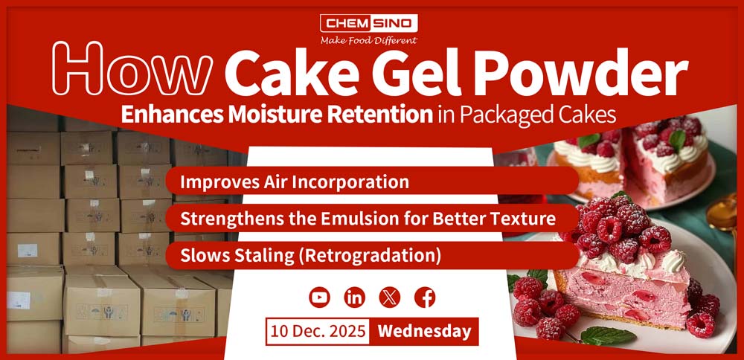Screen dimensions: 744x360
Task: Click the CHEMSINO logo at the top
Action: [369, 23]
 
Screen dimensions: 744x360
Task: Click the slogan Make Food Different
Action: [369, 40]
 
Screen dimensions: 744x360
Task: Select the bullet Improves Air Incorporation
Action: [294, 181]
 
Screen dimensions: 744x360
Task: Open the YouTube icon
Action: [319, 298]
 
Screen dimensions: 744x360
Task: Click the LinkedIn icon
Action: [354, 298]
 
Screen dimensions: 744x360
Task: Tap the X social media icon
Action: [390, 298]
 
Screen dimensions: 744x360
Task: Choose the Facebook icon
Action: [425, 298]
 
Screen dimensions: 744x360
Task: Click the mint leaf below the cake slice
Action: [608, 335]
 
